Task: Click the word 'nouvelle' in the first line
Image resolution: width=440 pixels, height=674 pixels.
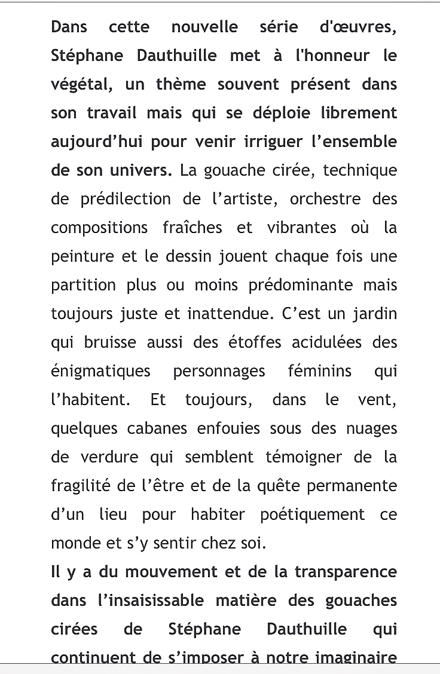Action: [204, 27]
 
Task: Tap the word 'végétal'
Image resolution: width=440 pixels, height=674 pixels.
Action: [81, 85]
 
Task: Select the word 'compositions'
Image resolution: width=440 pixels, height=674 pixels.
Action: [99, 228]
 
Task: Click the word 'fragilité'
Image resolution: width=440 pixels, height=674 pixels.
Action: [81, 486]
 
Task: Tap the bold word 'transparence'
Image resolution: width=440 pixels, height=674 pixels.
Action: [346, 572]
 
